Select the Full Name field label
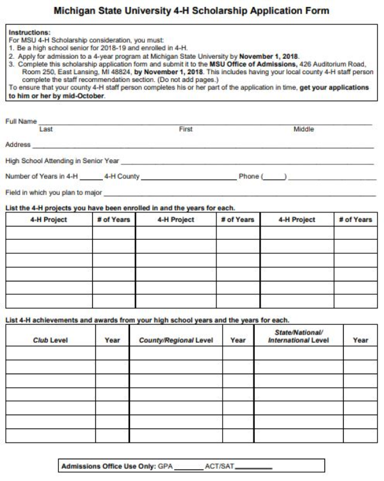(x=20, y=120)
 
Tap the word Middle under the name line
(x=304, y=129)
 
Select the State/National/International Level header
(x=298, y=336)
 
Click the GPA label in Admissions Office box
(x=165, y=466)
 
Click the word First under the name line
(x=186, y=129)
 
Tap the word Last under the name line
(x=46, y=129)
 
